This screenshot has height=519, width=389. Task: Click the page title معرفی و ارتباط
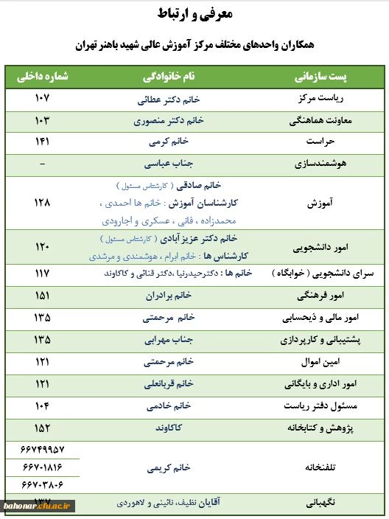point(194,15)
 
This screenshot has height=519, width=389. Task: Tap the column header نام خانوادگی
point(169,77)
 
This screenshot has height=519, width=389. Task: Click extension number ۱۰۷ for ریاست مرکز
point(42,99)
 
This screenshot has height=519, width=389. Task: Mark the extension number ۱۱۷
point(42,273)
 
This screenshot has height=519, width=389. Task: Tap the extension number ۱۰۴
point(42,406)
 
